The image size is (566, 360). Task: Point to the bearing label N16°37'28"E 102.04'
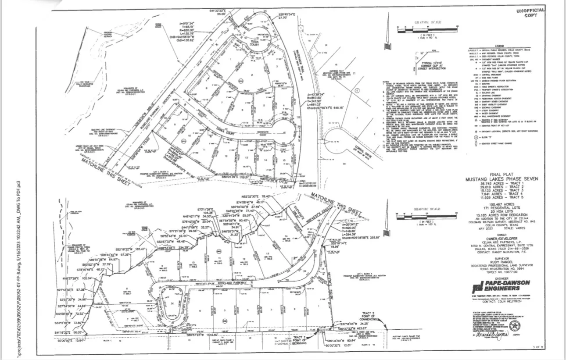pos(78,278)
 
